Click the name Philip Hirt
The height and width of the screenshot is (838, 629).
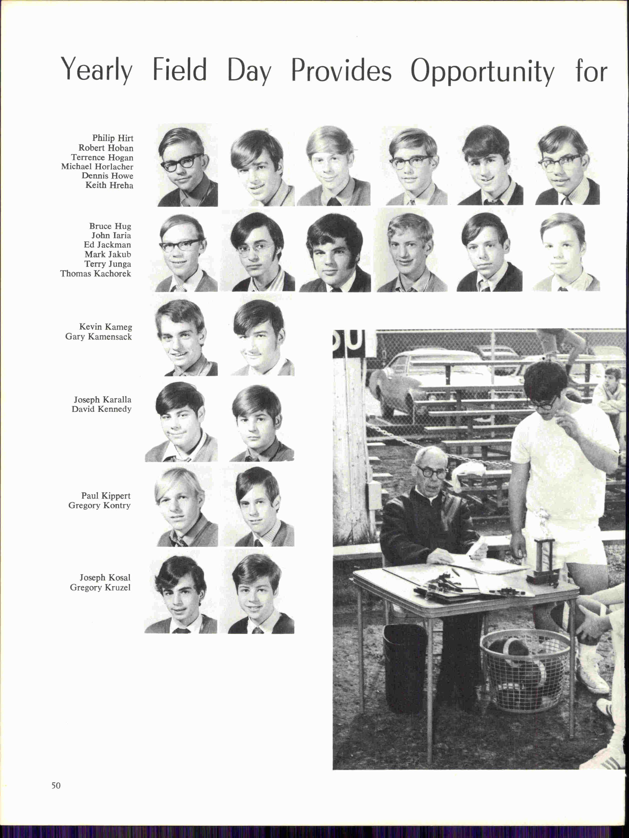(113, 138)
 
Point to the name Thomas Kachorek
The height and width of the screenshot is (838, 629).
(96, 273)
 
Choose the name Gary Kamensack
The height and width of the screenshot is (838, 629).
(98, 336)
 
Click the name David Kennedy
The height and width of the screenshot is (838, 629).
(101, 409)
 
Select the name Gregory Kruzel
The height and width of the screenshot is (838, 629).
(100, 587)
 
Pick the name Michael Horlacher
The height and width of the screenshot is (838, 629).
(97, 167)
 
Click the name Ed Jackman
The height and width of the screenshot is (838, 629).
(107, 245)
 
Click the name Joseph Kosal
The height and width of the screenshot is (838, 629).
(105, 578)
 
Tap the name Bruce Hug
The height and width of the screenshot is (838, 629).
(110, 226)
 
